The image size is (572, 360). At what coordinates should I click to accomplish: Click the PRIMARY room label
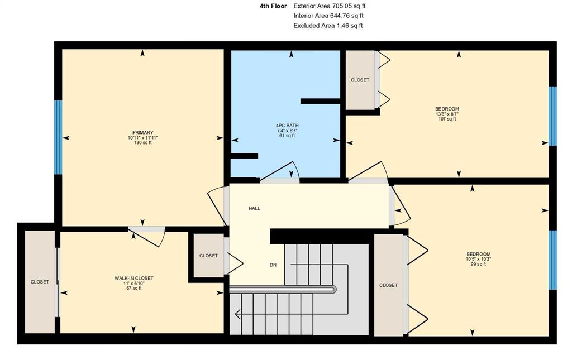[x=142, y=133]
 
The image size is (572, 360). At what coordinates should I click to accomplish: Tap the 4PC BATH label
[x=287, y=126]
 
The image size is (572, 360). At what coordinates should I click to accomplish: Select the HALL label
[x=254, y=208]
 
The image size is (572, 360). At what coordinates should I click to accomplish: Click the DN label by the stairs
[x=273, y=265]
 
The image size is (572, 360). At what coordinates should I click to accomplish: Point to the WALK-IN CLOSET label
[x=134, y=279]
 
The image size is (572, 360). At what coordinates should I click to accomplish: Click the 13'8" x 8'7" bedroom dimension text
[x=447, y=114]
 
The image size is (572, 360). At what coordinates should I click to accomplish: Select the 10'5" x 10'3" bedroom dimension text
[x=479, y=259]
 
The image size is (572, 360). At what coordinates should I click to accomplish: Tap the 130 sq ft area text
[x=142, y=143]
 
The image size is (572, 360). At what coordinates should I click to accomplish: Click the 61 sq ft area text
[x=287, y=136]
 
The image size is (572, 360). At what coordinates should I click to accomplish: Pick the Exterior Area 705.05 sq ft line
[x=330, y=6]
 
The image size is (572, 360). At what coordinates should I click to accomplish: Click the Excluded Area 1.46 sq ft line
[x=328, y=26]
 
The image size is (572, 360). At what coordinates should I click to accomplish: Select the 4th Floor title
[x=273, y=6]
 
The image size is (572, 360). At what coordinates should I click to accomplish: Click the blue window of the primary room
[x=58, y=137]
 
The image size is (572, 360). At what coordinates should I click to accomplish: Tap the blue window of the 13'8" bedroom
[x=553, y=116]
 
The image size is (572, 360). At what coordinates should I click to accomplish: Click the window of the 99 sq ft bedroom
[x=553, y=260]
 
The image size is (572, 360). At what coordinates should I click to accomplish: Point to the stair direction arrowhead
[x=238, y=313]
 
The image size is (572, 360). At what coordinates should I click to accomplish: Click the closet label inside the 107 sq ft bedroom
[x=360, y=80]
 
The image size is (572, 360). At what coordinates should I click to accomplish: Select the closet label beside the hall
[x=208, y=256]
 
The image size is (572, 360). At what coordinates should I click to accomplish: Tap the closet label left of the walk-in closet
[x=40, y=282]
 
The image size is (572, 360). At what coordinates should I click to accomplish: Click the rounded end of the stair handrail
[x=334, y=290]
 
